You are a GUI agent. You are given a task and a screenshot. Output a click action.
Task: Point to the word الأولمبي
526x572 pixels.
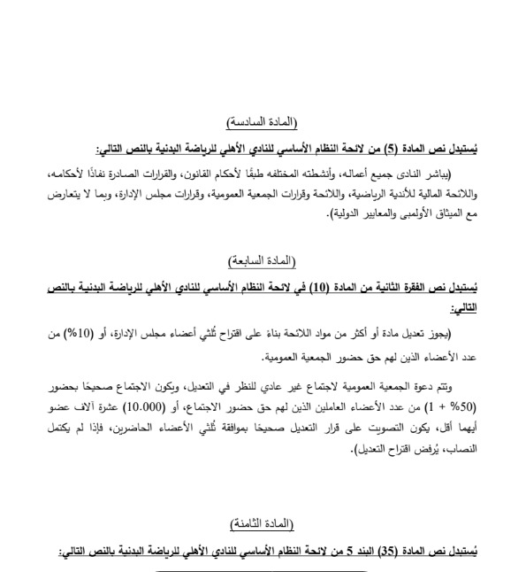click(408, 213)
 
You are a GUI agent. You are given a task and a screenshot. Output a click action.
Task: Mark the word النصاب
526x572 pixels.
click(463, 452)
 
